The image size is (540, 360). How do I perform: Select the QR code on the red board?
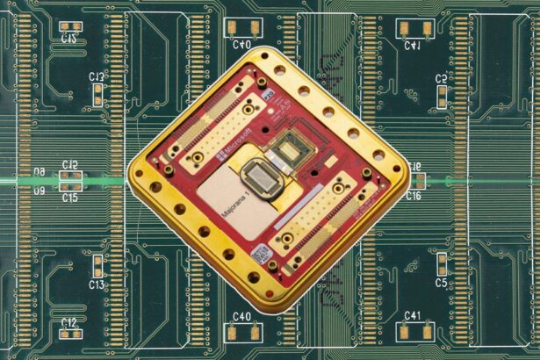pos(261,256)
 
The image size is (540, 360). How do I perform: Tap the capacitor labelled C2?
pos(441,92)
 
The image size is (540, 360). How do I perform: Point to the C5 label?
pos(442,283)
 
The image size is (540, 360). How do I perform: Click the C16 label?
pos(414,196)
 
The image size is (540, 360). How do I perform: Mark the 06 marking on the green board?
pos(39,172)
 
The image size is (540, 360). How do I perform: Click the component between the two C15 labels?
pos(69,181)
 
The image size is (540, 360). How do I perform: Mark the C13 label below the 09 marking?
pos(96,284)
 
